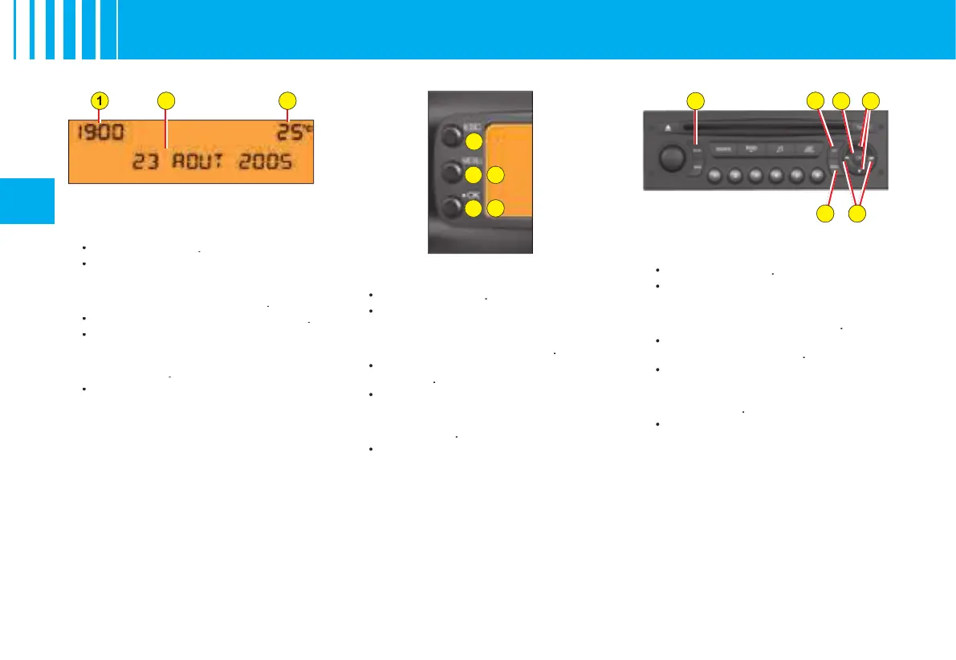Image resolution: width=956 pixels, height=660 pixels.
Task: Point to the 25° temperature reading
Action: pos(287,133)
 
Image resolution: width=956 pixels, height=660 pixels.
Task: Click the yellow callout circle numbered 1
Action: pos(99,100)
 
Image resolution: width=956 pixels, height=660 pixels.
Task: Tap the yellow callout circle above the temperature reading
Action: pos(287,100)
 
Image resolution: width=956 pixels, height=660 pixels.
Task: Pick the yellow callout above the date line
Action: pos(165,100)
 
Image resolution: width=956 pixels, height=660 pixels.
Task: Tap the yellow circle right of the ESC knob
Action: pos(474,141)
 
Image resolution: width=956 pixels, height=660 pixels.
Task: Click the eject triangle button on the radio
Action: pos(669,126)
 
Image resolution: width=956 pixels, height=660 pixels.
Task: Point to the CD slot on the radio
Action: pos(763,126)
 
